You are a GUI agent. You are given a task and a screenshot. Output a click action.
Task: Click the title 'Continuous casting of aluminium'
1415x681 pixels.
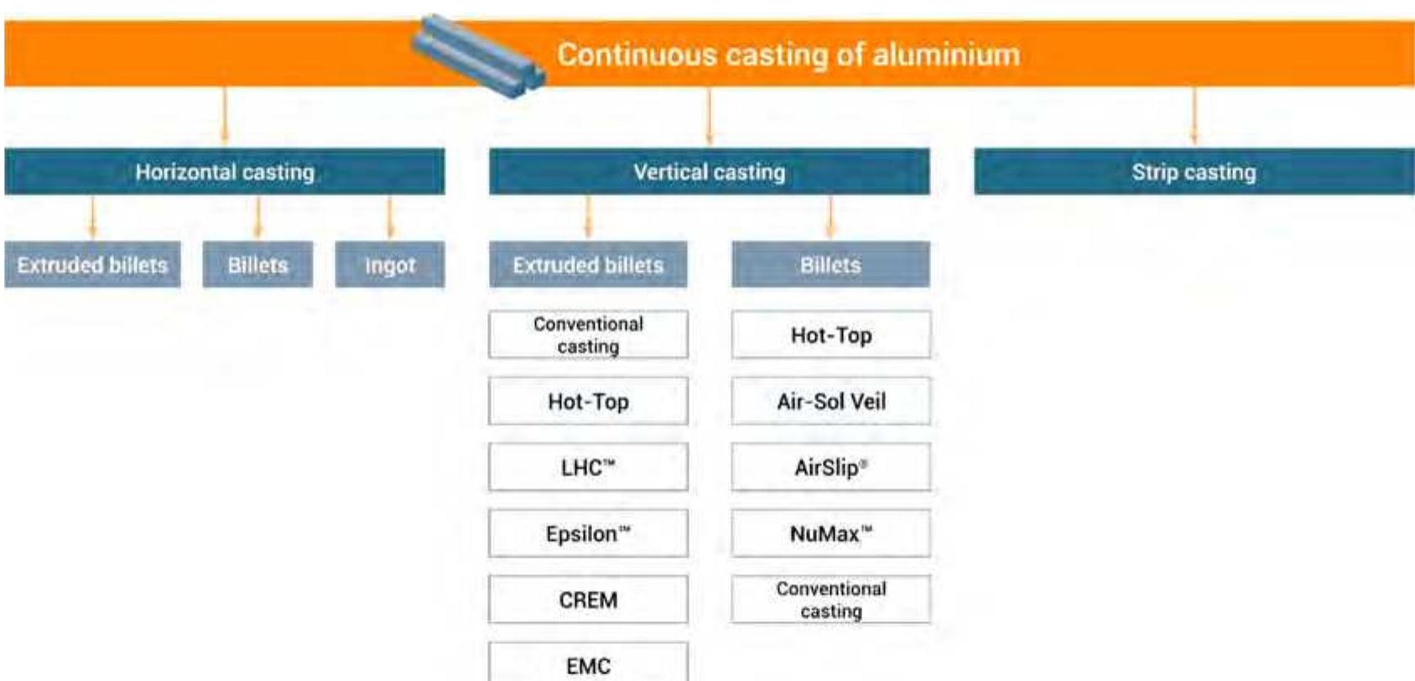(788, 55)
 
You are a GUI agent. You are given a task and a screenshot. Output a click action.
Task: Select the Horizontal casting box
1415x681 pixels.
(225, 172)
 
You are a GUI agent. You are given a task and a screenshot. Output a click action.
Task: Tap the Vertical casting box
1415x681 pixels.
(710, 172)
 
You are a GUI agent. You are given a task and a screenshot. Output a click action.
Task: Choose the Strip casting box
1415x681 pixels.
(1194, 172)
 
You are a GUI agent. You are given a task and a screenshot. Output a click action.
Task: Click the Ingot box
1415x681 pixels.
(390, 265)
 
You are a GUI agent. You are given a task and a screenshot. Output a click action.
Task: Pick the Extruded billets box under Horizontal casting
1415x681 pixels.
(92, 265)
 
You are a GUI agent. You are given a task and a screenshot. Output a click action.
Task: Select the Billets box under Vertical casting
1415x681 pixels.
(830, 265)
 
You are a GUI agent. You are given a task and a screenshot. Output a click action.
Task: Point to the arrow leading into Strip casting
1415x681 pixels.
(1194, 117)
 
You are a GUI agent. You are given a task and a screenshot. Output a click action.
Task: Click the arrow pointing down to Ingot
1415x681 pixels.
(389, 218)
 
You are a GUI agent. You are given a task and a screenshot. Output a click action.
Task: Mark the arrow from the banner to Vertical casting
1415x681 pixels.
(710, 117)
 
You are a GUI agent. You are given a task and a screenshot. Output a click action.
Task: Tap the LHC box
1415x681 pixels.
(588, 467)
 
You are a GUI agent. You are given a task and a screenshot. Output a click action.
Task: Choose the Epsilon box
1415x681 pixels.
(588, 533)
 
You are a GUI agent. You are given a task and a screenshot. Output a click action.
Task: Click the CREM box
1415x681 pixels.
(588, 600)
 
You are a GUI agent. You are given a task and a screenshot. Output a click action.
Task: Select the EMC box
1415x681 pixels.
(588, 665)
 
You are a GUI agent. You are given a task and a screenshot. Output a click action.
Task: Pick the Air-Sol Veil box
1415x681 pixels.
(830, 401)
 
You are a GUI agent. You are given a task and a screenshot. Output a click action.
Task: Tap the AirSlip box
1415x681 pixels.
(830, 467)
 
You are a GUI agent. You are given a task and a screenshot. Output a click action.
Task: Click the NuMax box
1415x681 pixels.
(830, 533)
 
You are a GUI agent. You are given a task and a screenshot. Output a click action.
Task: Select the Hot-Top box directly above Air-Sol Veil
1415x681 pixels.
(830, 335)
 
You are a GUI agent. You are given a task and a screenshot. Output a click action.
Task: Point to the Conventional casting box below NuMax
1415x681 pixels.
(830, 600)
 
